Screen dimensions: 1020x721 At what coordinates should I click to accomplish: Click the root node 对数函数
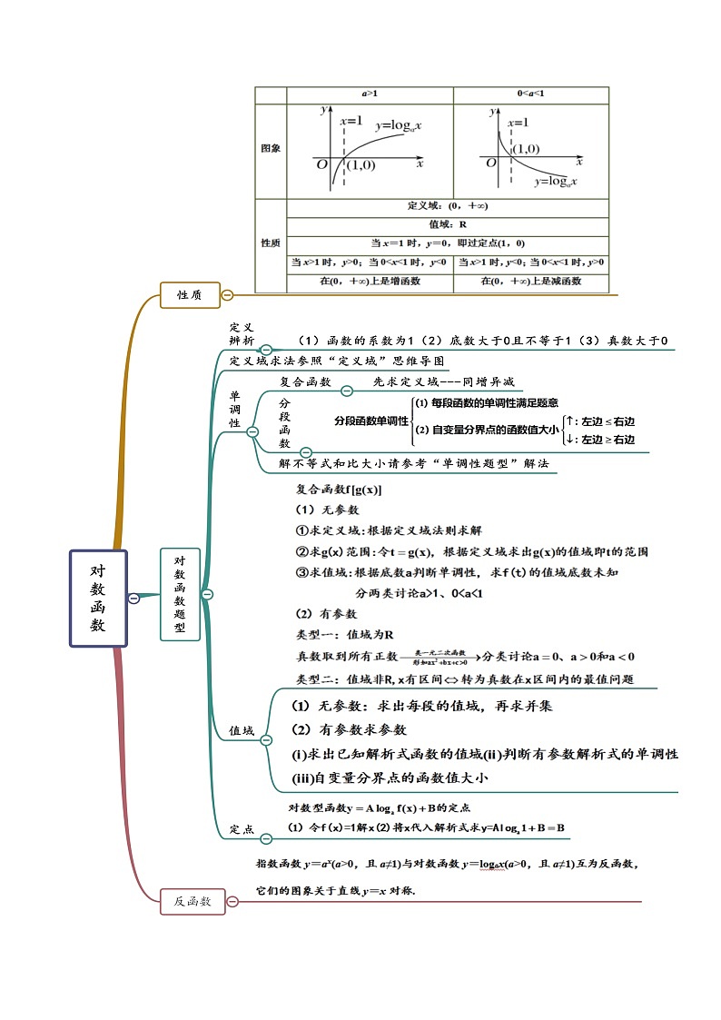[98, 598]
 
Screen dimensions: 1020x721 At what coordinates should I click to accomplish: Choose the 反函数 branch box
[193, 901]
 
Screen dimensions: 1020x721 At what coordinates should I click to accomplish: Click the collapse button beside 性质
[227, 294]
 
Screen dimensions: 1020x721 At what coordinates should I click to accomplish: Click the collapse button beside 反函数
[232, 901]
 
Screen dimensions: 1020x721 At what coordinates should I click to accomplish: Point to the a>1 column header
[370, 94]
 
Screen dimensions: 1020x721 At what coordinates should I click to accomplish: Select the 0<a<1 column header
[530, 94]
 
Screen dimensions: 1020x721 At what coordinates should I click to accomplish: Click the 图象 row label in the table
[270, 147]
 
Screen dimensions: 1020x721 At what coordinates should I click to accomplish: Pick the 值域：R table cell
[447, 223]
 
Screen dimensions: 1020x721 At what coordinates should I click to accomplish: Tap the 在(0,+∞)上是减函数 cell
[530, 282]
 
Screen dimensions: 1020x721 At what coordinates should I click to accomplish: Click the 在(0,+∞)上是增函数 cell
[370, 282]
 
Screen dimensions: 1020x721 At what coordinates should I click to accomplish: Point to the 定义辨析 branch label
[242, 333]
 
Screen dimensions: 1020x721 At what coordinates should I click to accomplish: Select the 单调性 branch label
[234, 410]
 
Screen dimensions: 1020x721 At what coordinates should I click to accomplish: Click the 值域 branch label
[241, 729]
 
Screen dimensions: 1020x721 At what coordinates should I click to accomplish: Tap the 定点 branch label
[241, 829]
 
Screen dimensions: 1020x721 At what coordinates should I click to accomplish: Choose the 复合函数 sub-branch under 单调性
[305, 382]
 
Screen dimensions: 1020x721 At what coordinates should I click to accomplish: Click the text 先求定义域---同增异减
[443, 382]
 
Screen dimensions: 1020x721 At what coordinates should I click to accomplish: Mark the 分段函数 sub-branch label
[284, 422]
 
